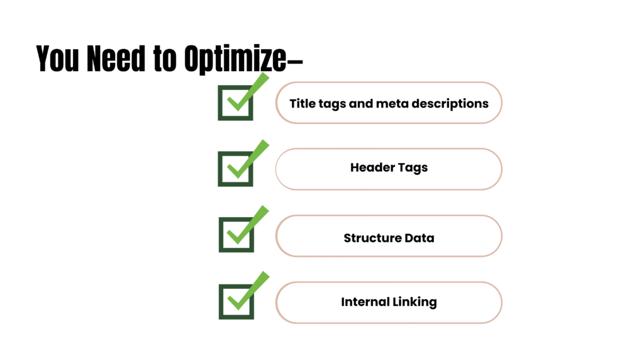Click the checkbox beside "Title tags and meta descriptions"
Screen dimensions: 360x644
(235, 103)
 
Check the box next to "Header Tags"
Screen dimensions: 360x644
(235, 169)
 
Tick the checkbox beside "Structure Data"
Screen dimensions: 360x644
(236, 235)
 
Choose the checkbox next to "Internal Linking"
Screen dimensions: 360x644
(236, 301)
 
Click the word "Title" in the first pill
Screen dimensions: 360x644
(303, 103)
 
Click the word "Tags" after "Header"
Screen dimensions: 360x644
(411, 169)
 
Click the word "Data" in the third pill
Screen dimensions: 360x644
(419, 239)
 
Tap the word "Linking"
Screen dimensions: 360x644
(414, 303)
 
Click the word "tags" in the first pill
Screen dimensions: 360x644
(332, 104)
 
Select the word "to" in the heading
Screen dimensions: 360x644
(165, 59)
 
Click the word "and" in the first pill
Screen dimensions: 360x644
(360, 103)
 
